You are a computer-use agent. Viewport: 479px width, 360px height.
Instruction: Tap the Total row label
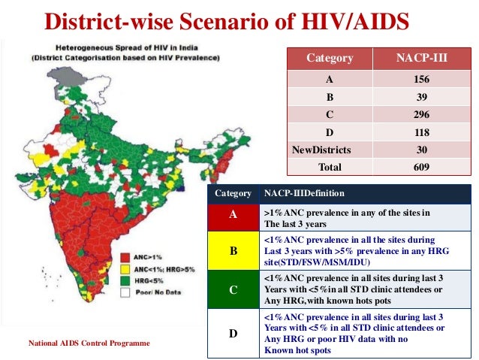(x=329, y=168)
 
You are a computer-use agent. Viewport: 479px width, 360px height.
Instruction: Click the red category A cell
(x=233, y=214)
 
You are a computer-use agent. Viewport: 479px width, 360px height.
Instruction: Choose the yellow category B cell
(x=233, y=250)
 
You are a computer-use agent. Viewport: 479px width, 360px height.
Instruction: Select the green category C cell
(x=233, y=289)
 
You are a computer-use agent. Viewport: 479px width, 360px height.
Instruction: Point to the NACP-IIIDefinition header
(x=304, y=193)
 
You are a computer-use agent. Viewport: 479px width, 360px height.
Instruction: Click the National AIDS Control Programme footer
(x=89, y=343)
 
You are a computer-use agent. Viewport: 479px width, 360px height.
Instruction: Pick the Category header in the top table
(x=329, y=59)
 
